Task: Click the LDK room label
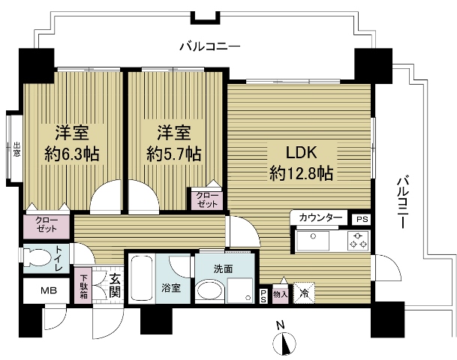point(301,152)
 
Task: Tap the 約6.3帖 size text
point(72,154)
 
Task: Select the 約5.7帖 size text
point(174,154)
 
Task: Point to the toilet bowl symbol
point(37,257)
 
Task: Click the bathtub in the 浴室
point(141,277)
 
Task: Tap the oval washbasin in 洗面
point(209,290)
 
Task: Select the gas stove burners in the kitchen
point(359,241)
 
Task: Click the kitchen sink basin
point(312,241)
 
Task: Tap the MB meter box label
point(49,290)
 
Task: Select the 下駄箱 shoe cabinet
point(83,286)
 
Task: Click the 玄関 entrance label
point(115,286)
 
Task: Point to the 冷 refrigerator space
point(304,292)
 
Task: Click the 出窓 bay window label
point(17,149)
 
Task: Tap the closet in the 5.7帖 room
point(207,199)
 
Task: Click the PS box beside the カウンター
point(362,219)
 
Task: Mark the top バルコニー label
point(210,46)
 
